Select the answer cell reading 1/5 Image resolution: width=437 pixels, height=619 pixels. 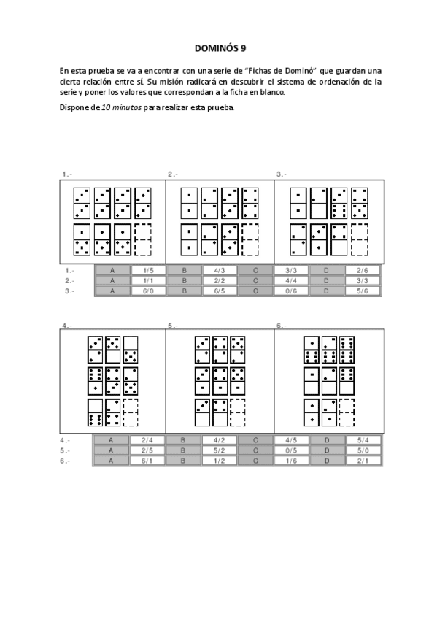coord(149,270)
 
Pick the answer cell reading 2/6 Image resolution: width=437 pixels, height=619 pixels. coord(363,270)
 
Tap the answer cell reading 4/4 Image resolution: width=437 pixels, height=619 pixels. coord(291,280)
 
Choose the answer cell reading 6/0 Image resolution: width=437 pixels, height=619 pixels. coord(149,291)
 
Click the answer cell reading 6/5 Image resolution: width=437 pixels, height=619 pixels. coord(220,291)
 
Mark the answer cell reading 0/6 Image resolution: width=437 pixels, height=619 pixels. coord(291,291)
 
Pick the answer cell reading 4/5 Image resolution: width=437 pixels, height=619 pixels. coord(291,440)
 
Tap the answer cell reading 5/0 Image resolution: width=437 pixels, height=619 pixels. coord(363,450)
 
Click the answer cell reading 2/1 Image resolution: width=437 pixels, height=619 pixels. coord(363,461)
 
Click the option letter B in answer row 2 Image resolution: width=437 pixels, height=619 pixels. coord(185,280)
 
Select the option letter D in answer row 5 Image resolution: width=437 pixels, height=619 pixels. coord(327,450)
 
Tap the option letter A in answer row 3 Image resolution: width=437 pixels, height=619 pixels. coord(113,291)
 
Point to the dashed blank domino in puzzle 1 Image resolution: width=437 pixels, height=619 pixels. coord(143,239)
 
